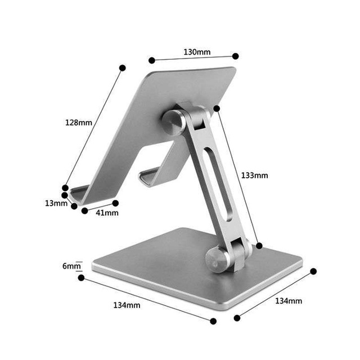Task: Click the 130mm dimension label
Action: coord(197,52)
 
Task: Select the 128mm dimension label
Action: coord(79,122)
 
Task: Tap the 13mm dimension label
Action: coord(56,203)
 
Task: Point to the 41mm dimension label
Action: coord(106,213)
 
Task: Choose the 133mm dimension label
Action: coord(254,175)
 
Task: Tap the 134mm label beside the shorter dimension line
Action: coord(288,301)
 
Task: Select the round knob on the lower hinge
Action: coord(215,259)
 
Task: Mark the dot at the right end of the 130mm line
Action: coord(236,56)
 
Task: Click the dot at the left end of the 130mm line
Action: coord(151,60)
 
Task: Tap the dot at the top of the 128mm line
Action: coord(123,67)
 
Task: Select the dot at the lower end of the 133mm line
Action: coord(259,245)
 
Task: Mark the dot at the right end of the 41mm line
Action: coord(116,202)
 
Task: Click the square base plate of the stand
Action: coord(169,264)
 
